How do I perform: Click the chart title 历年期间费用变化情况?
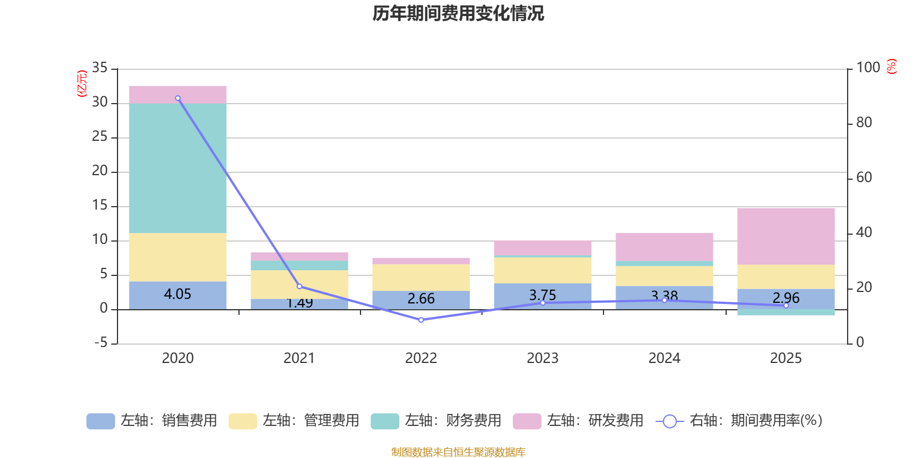coord(458,13)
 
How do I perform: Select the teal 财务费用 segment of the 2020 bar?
coord(178,168)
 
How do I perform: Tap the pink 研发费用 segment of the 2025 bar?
coord(786,236)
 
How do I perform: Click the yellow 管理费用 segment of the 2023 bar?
coord(543,270)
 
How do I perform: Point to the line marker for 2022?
coord(421,320)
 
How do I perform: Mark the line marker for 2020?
coord(178,98)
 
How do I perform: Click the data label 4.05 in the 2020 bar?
coord(178,294)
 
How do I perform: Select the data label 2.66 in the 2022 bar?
coord(421,299)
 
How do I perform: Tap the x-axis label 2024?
coord(664,358)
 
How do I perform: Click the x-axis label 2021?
coord(299,358)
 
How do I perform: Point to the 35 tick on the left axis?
coord(100,68)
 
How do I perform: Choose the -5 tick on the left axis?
coord(100,343)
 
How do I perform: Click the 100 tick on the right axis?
coord(868,68)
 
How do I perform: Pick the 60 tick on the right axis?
coord(864,178)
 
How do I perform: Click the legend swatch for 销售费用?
coord(100,421)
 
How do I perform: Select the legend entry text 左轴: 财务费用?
coord(453,421)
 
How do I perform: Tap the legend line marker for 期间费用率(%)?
coord(669,421)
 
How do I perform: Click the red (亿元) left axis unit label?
coord(82,84)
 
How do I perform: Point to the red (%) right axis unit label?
coord(892,67)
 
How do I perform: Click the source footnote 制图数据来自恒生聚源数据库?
coord(458,452)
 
